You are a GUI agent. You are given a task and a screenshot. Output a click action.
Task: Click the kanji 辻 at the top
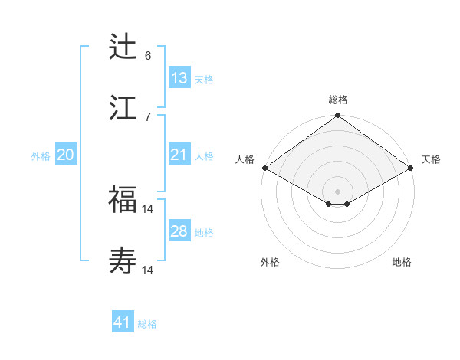(x=123, y=47)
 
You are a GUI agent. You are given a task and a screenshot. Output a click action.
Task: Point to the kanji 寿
(x=123, y=262)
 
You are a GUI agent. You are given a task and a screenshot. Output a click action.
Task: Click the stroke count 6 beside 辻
(x=148, y=56)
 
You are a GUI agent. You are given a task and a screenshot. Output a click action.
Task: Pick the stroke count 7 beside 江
(x=148, y=116)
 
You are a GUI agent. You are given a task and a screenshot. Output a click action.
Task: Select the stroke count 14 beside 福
(x=148, y=208)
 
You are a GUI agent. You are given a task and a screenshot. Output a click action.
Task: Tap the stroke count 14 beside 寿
(x=148, y=270)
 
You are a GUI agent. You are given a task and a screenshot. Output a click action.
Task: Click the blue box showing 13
(x=179, y=78)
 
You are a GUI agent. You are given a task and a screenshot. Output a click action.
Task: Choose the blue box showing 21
(x=179, y=155)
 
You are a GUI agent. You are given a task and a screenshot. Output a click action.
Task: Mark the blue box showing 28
(x=179, y=231)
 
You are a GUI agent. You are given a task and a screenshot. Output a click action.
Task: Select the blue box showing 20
(x=66, y=155)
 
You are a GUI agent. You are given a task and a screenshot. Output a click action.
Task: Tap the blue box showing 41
(x=123, y=322)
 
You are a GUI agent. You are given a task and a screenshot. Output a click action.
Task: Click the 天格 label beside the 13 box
(x=204, y=80)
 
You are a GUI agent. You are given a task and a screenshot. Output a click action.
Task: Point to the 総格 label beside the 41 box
(x=147, y=324)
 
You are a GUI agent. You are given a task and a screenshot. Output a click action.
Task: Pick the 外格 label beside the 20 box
(x=41, y=156)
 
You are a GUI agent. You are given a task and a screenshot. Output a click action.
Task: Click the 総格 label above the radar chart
(x=338, y=100)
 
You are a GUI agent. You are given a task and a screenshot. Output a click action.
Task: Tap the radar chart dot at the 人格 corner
(x=264, y=168)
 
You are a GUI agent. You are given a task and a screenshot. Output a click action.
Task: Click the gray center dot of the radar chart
(x=338, y=191)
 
